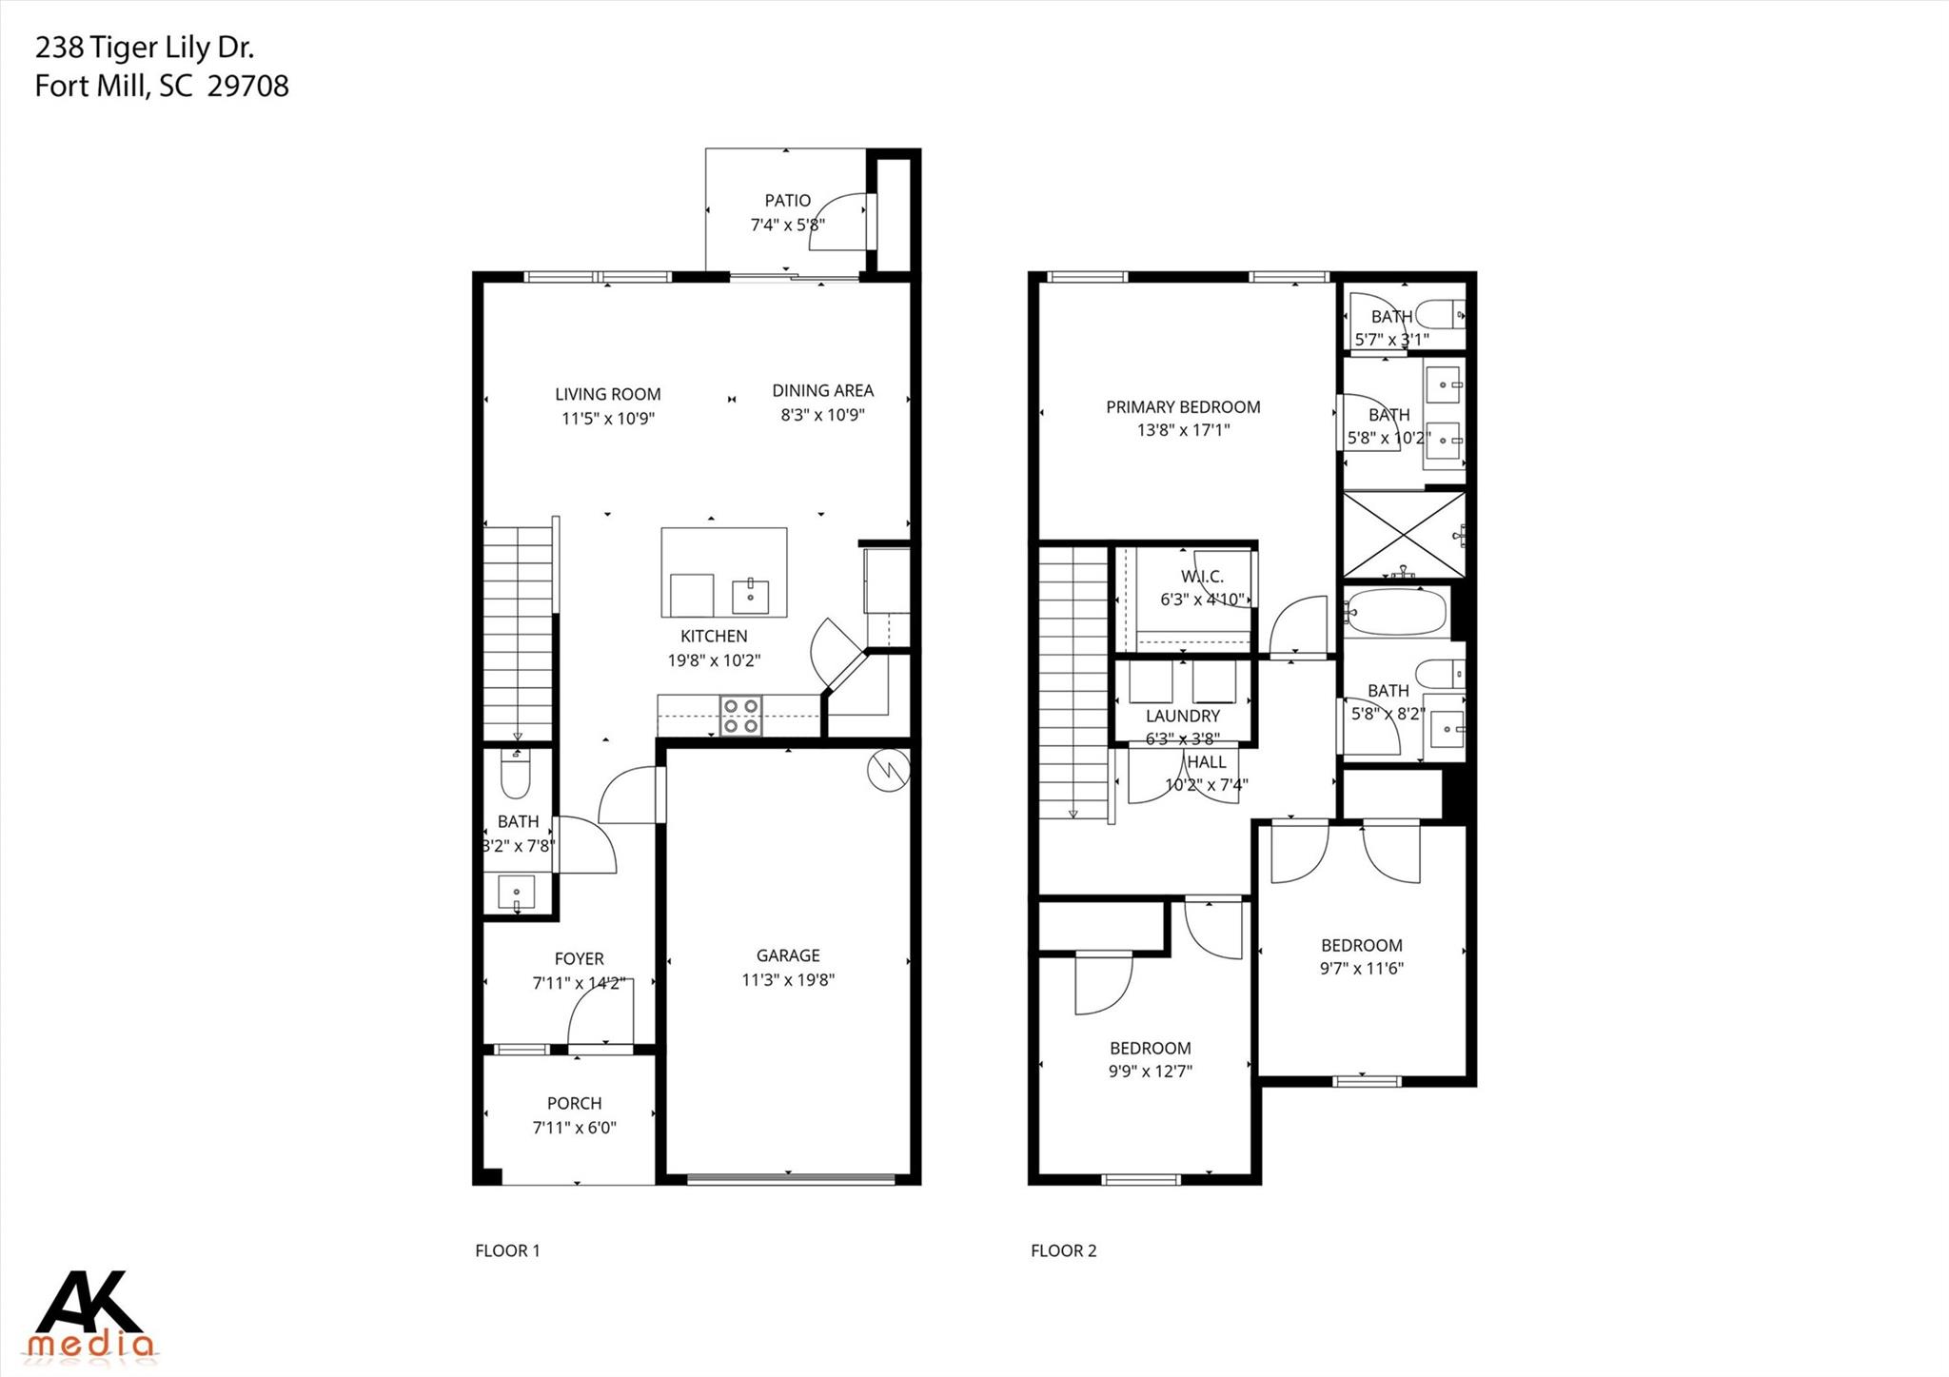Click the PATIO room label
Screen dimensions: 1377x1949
pyautogui.click(x=787, y=201)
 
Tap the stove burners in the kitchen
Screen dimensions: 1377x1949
pyautogui.click(x=741, y=716)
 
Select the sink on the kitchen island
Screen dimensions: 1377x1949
pyautogui.click(x=751, y=596)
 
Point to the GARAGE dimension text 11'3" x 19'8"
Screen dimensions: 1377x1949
pyautogui.click(x=788, y=980)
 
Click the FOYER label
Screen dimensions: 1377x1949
pyautogui.click(x=579, y=959)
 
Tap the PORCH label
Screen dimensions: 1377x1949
pyautogui.click(x=574, y=1103)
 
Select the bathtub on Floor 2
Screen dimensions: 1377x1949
pyautogui.click(x=1395, y=613)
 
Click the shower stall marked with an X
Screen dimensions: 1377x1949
pyautogui.click(x=1403, y=535)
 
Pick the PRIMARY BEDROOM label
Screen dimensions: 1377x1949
pyautogui.click(x=1183, y=407)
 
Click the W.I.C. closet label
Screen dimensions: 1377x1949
pyautogui.click(x=1202, y=577)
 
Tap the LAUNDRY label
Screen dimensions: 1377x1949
pyautogui.click(x=1182, y=716)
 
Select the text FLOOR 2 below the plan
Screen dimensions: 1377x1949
pyautogui.click(x=1063, y=1250)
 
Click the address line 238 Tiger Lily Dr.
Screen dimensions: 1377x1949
pyautogui.click(x=145, y=48)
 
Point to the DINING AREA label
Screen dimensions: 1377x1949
pyautogui.click(x=822, y=390)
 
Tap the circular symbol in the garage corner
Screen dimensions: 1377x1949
pyautogui.click(x=888, y=770)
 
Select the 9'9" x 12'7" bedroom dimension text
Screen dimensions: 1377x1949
pyautogui.click(x=1150, y=1072)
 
